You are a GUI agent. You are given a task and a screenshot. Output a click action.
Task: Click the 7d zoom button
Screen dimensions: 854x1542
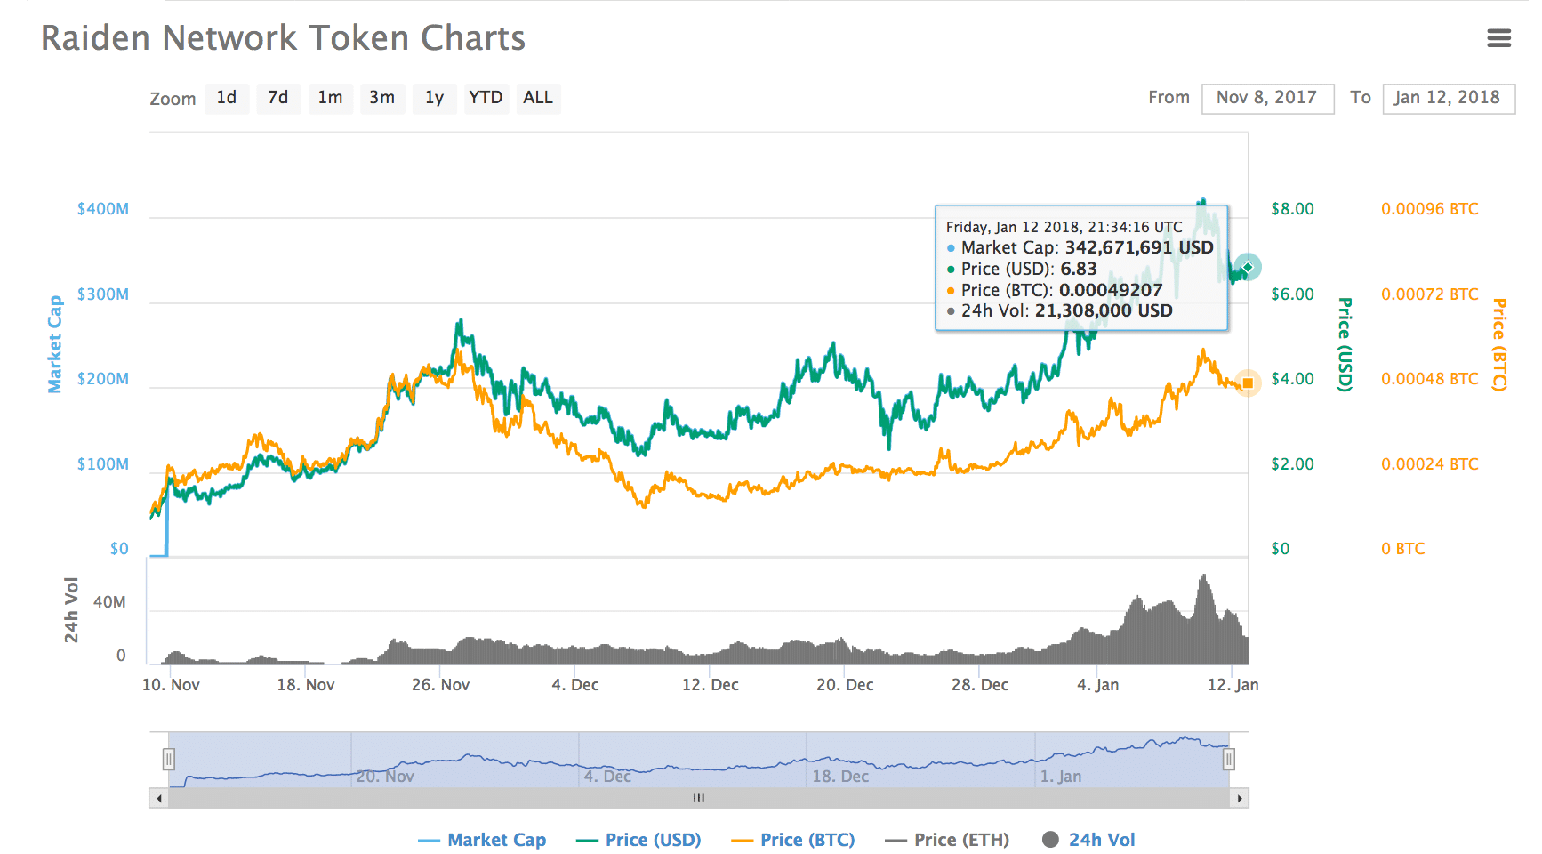click(278, 98)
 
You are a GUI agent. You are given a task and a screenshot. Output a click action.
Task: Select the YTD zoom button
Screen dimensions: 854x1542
click(486, 98)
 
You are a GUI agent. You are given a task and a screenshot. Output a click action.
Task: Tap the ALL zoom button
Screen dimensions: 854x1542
click(537, 98)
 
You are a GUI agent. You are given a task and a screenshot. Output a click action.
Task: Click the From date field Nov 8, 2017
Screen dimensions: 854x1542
click(1267, 98)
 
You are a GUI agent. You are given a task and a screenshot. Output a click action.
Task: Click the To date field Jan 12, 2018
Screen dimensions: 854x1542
click(1448, 98)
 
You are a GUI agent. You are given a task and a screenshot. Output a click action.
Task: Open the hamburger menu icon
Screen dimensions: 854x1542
click(1498, 38)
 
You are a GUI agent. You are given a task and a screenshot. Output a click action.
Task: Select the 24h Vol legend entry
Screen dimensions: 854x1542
click(1101, 840)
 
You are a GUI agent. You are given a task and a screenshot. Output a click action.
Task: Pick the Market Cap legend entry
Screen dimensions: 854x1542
click(496, 840)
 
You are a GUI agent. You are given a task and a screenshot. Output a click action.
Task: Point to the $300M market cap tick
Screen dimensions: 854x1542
click(103, 294)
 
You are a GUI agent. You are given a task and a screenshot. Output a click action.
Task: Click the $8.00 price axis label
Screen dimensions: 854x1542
click(1292, 209)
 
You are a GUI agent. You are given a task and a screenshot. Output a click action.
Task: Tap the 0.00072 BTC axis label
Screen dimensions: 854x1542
click(1429, 294)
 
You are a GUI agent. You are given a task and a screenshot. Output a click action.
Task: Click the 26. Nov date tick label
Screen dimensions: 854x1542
click(440, 685)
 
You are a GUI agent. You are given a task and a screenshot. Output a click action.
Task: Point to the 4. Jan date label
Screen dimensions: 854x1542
click(1097, 685)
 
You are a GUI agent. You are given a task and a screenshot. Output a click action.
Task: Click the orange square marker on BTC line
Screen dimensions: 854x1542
click(1248, 383)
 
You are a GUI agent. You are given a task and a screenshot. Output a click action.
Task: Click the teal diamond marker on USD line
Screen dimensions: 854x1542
click(1248, 267)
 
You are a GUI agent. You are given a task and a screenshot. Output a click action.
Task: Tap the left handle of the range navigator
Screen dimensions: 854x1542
click(168, 759)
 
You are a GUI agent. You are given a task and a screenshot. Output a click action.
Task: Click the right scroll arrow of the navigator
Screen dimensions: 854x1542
click(1240, 798)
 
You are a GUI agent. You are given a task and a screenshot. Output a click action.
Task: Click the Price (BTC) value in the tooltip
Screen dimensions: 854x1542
click(1110, 290)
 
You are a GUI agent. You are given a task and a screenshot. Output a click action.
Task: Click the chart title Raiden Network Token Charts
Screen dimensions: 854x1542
click(283, 38)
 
